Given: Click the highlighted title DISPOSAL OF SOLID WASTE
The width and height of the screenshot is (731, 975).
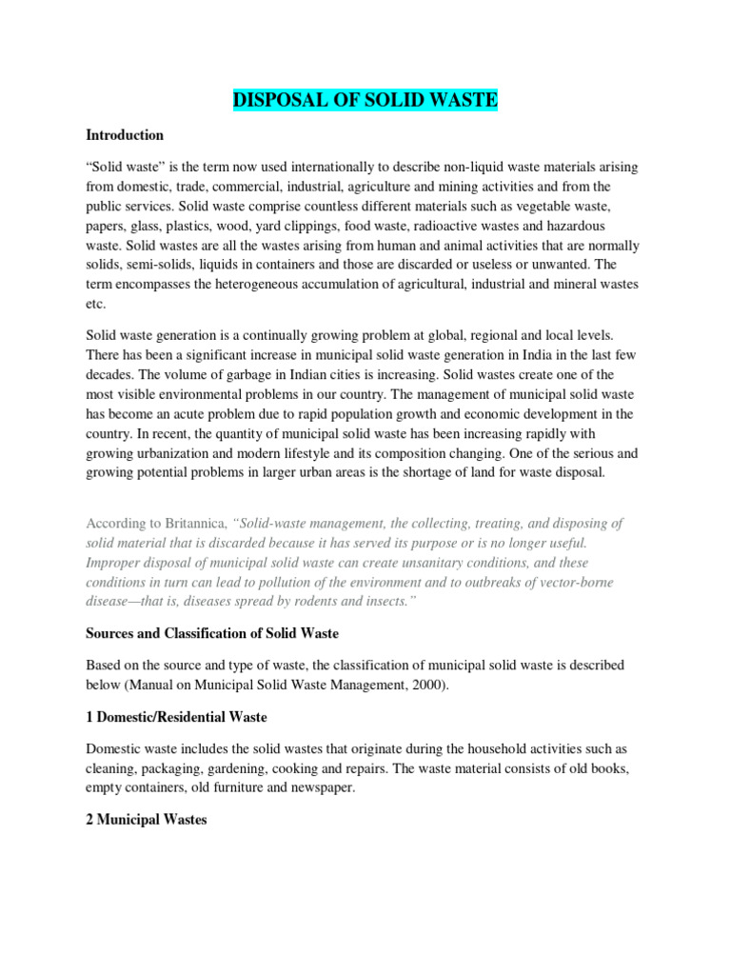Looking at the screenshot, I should coord(365,100).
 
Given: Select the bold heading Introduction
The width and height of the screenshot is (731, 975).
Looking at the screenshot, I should coord(125,135).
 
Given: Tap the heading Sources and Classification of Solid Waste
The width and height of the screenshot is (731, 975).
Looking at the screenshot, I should coord(212,632).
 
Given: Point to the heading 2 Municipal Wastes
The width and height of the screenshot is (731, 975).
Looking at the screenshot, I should coord(147,819).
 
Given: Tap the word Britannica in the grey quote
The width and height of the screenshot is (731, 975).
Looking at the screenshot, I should coord(194,524).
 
